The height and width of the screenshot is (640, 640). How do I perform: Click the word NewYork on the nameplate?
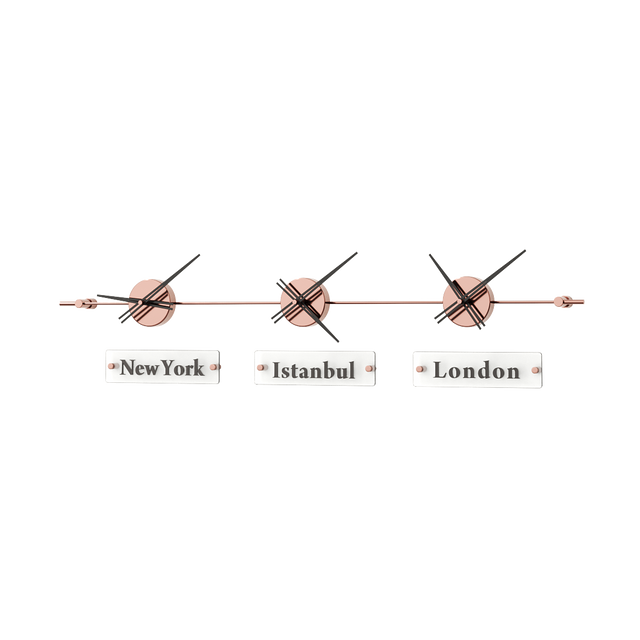pos(161,368)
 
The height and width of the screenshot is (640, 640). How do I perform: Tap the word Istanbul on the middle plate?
pos(314,370)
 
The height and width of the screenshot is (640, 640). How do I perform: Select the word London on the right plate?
pos(477,370)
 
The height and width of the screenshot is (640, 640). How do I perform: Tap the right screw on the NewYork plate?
pos(210,368)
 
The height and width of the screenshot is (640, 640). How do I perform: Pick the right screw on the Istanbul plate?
pos(368,369)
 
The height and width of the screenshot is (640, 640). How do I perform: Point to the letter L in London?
pos(441,370)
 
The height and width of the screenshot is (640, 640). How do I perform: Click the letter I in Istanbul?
pos(277,370)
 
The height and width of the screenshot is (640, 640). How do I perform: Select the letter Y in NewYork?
pos(169,368)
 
